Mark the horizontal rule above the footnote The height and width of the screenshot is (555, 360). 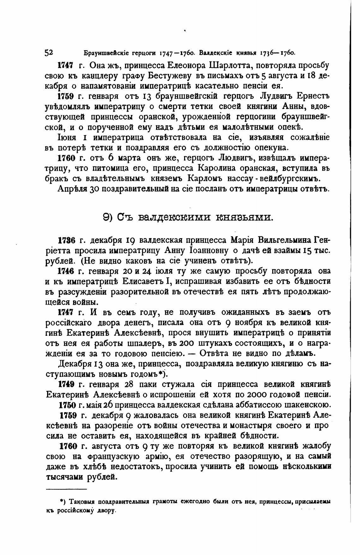coord(66,489)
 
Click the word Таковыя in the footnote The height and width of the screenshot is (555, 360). coord(81,502)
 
